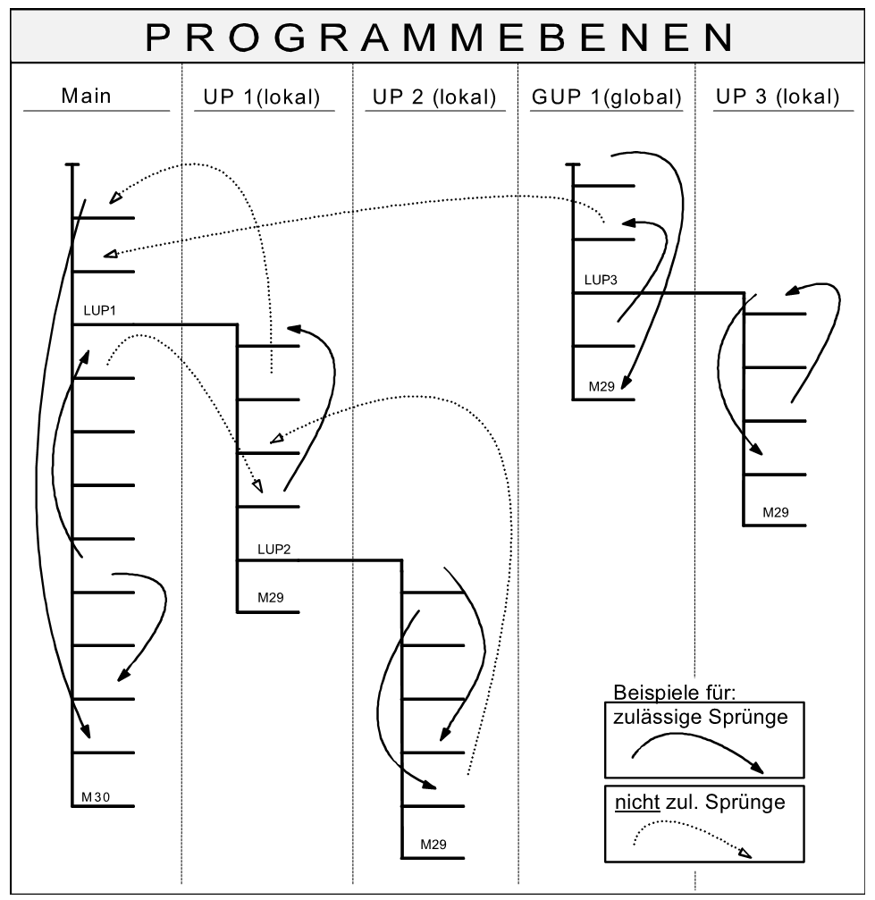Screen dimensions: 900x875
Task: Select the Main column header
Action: [86, 97]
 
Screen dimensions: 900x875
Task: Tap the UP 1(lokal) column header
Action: [257, 97]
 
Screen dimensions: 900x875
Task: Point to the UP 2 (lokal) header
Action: [431, 97]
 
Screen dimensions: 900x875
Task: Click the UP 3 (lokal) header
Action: [778, 97]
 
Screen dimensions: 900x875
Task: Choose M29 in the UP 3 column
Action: [775, 514]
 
